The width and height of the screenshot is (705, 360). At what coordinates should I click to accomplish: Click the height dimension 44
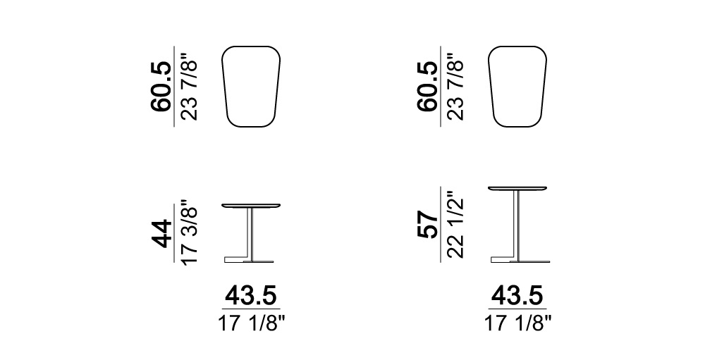tap(161, 234)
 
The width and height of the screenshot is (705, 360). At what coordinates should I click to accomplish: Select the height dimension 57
tap(428, 225)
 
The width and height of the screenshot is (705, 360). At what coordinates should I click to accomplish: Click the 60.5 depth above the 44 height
tap(161, 86)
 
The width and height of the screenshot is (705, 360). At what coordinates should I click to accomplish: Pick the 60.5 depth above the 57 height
tap(428, 86)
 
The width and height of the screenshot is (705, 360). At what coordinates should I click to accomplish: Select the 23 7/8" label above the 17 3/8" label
tap(189, 87)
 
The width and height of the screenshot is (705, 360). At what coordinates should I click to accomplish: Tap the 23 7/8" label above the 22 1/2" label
tap(455, 87)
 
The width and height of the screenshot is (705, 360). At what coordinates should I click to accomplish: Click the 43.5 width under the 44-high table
tap(251, 296)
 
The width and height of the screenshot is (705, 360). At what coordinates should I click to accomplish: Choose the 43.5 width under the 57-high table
tap(517, 296)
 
